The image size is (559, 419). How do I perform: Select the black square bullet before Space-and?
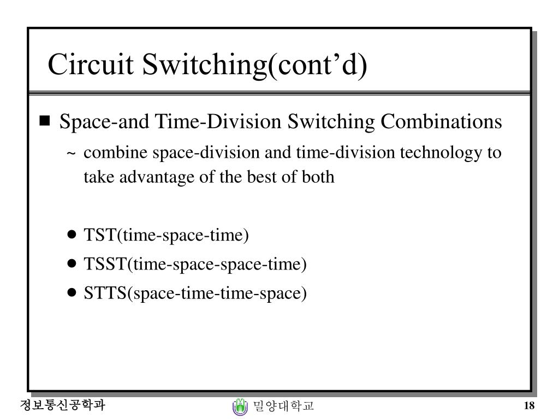point(45,121)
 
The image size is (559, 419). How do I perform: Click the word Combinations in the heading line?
point(441,122)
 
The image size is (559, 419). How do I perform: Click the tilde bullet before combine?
point(72,154)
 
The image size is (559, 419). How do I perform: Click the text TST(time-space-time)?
point(166,235)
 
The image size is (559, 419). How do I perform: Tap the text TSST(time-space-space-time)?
point(195,264)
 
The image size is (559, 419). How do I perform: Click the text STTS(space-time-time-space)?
point(195,293)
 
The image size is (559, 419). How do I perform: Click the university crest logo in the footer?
point(240,406)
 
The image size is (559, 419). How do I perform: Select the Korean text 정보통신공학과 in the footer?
point(62,405)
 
